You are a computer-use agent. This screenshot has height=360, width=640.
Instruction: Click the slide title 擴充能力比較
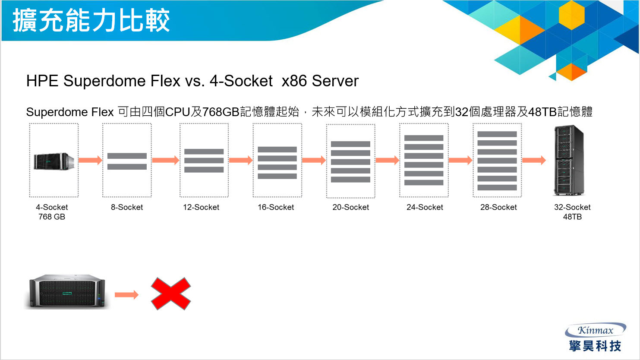click(91, 21)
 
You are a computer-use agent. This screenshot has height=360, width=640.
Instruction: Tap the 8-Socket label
click(127, 207)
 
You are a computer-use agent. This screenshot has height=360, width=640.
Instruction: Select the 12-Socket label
click(201, 207)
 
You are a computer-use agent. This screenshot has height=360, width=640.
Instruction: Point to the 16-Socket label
click(276, 207)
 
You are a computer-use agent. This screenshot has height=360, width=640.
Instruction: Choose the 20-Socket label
click(350, 207)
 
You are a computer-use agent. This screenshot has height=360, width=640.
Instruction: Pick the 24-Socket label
click(425, 207)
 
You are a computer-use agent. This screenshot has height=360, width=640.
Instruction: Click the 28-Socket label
click(498, 207)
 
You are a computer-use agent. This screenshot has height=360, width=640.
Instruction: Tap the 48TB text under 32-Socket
click(572, 217)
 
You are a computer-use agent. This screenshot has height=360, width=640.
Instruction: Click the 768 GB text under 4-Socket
click(52, 217)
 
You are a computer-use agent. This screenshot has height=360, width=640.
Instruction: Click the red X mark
click(170, 294)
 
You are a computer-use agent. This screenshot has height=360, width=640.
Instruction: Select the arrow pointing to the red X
click(126, 295)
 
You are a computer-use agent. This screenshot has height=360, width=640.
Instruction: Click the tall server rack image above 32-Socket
click(569, 160)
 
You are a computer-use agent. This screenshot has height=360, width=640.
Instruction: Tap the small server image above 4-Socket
click(54, 161)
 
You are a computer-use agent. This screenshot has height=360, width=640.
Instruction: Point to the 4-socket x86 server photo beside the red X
click(67, 292)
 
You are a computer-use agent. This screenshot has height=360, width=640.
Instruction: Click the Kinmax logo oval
click(596, 330)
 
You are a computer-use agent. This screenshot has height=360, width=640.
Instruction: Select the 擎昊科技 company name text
click(595, 346)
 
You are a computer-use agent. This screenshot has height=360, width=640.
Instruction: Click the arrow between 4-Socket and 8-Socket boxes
click(91, 160)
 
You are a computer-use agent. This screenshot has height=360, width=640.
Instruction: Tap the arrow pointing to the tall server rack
click(534, 160)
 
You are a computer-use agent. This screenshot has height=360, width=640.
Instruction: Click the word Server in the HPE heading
click(335, 81)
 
